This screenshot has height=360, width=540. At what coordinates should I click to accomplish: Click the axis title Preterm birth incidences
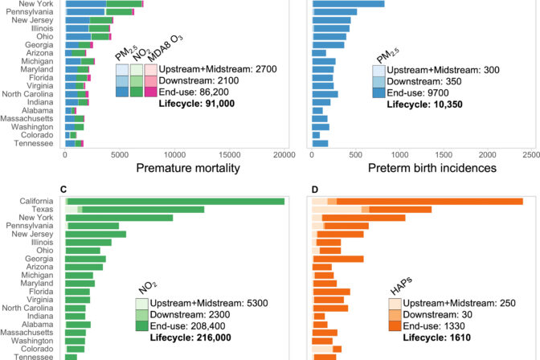pyautogui.click(x=422, y=168)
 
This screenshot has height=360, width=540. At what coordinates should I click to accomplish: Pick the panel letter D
pyautogui.click(x=310, y=190)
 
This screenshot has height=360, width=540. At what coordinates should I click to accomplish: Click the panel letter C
pyautogui.click(x=62, y=190)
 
